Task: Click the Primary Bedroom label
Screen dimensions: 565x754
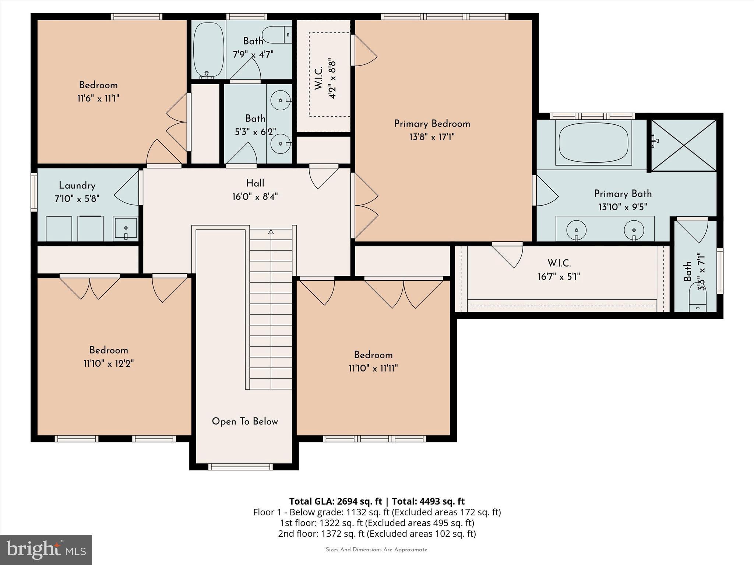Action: click(432, 124)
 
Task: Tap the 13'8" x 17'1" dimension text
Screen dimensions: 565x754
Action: click(432, 137)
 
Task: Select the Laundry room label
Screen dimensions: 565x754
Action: click(77, 185)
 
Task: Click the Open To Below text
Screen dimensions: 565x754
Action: click(244, 422)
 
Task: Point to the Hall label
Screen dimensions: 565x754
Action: click(255, 183)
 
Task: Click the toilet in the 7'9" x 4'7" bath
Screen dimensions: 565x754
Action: click(278, 35)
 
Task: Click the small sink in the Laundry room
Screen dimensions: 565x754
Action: click(126, 228)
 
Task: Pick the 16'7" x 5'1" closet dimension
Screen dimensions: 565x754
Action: click(559, 277)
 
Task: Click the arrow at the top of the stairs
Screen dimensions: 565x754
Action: click(271, 232)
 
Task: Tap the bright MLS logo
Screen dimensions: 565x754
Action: click(46, 550)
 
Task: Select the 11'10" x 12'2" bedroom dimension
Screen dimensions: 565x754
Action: click(108, 364)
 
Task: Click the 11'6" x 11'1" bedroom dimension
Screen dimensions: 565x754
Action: click(98, 99)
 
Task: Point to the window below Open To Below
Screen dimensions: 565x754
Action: click(240, 467)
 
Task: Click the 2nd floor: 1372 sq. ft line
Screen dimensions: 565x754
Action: click(377, 533)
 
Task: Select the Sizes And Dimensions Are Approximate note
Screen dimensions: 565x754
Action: click(377, 550)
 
